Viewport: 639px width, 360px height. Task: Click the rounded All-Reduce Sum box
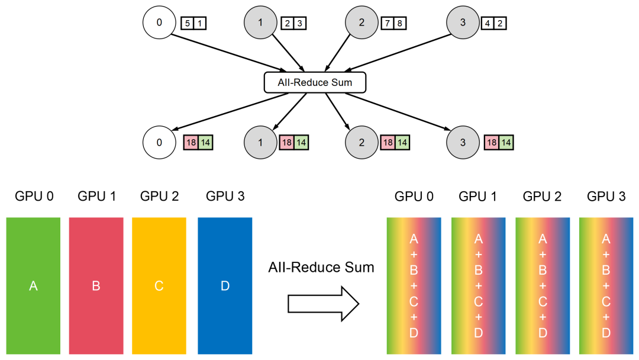(x=315, y=82)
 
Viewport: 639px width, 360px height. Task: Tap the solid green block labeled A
(x=33, y=286)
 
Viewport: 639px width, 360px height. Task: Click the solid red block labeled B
(x=96, y=286)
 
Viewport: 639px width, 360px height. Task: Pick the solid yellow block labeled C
(x=159, y=286)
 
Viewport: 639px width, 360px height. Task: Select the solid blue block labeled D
(x=225, y=286)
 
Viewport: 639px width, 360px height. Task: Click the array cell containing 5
(x=188, y=24)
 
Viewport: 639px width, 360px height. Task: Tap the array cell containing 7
(x=388, y=24)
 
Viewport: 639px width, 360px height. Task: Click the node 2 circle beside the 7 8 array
(x=362, y=23)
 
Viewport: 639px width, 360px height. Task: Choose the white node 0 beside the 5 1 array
(x=159, y=23)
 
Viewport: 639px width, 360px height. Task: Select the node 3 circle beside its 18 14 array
(x=462, y=143)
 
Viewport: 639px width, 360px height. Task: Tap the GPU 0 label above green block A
(x=33, y=196)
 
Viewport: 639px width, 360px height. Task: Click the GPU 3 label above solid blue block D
(x=225, y=196)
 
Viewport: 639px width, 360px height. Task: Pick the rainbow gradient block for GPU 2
(x=543, y=286)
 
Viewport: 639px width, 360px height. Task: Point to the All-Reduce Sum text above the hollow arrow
(x=321, y=267)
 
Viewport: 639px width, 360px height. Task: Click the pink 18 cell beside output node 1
(x=286, y=143)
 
